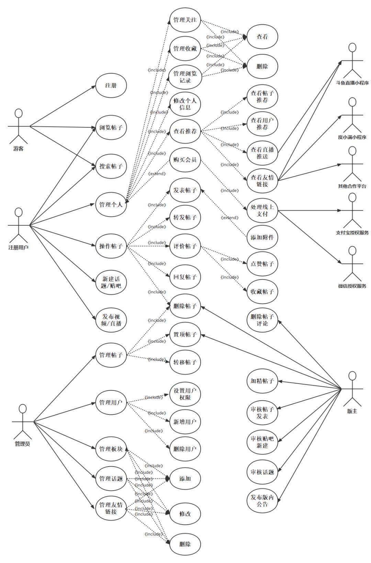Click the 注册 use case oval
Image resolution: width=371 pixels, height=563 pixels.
click(x=111, y=85)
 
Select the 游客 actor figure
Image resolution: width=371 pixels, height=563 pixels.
click(x=19, y=126)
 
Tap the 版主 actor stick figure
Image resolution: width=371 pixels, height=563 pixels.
click(x=352, y=389)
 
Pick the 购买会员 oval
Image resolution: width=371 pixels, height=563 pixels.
click(x=185, y=160)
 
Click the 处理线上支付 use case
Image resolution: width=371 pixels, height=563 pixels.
click(x=262, y=210)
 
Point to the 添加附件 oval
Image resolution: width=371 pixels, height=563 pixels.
click(x=262, y=237)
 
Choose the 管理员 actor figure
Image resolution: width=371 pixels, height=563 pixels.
click(x=23, y=422)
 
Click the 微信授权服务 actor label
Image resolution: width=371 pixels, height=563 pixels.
click(x=352, y=286)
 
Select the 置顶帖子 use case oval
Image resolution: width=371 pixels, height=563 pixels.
click(x=185, y=335)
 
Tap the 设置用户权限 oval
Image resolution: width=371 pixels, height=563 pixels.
click(x=185, y=394)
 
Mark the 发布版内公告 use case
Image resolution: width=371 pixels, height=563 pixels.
click(x=262, y=501)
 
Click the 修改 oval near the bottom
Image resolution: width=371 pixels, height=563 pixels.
click(x=185, y=514)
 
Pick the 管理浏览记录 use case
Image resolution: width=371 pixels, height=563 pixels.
click(x=185, y=77)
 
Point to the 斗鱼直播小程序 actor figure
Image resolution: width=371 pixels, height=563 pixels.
click(x=352, y=61)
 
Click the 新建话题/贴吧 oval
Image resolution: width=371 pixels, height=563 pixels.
click(x=111, y=282)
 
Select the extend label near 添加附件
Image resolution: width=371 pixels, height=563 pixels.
click(x=229, y=218)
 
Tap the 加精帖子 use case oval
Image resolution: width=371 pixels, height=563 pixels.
click(x=262, y=381)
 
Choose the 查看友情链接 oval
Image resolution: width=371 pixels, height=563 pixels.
click(x=262, y=181)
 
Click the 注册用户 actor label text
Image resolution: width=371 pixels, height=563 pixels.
click(x=19, y=247)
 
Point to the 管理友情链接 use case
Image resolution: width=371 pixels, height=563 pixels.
click(x=111, y=508)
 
